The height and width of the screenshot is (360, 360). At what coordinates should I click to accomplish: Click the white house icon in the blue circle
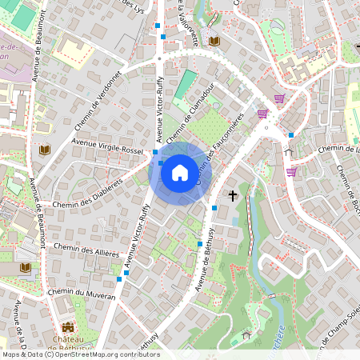point(180,172)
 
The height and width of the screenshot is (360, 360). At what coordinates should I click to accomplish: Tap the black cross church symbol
point(234,195)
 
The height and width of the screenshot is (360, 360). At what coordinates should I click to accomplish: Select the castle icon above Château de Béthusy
point(67,328)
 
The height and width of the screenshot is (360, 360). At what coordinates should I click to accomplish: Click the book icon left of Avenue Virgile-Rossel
point(44,150)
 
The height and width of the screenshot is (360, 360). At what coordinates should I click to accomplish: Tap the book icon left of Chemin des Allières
point(26,267)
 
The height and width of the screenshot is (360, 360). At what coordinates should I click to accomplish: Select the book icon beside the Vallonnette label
point(214,40)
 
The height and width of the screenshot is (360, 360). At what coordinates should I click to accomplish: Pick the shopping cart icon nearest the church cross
point(291,170)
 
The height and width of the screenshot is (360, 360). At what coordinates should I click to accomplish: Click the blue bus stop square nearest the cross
point(214,208)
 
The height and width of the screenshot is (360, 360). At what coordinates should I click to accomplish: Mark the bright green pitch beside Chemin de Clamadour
point(186,84)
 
